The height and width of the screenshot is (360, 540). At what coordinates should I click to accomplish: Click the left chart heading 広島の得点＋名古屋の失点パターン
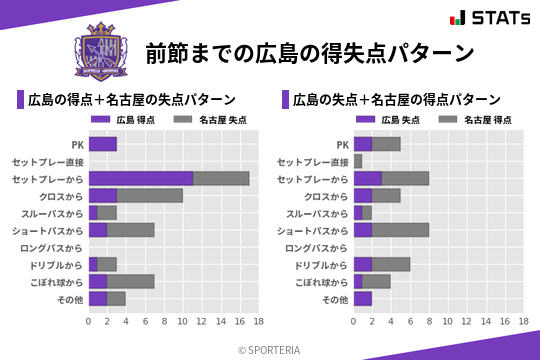pos(132,99)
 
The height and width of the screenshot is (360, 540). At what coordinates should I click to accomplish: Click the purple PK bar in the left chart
pos(102,144)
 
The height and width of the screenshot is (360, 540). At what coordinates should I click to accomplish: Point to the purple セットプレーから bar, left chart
pos(140,178)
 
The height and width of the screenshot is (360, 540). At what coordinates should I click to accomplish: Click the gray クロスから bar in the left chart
pos(150,195)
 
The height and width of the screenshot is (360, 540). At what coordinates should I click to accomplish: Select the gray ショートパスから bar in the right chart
pos(400,230)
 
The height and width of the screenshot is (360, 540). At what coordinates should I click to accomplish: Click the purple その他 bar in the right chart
pos(363,298)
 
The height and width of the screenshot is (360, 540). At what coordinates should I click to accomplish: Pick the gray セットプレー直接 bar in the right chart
pos(358,161)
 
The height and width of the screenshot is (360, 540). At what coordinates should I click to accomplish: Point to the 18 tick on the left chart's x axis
pos(258,322)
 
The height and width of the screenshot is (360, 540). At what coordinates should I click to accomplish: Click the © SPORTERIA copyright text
pos(270,349)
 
